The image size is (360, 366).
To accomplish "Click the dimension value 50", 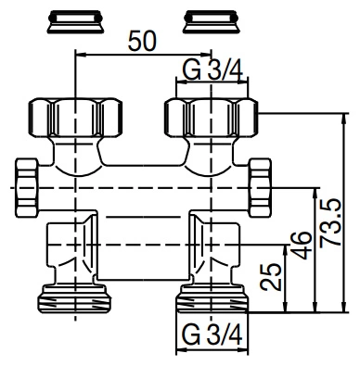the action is (143, 41).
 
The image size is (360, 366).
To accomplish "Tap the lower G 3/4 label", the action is (212, 334).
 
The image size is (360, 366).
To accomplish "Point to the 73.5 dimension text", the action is (330, 223).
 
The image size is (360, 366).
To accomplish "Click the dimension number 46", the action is (302, 246).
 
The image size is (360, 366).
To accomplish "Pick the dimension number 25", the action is (271, 277).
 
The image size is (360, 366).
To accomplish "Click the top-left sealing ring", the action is (75, 21).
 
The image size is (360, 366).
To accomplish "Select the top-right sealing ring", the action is (212, 21).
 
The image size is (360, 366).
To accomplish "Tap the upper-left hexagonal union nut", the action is (75, 118).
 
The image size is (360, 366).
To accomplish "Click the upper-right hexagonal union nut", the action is (212, 118).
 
